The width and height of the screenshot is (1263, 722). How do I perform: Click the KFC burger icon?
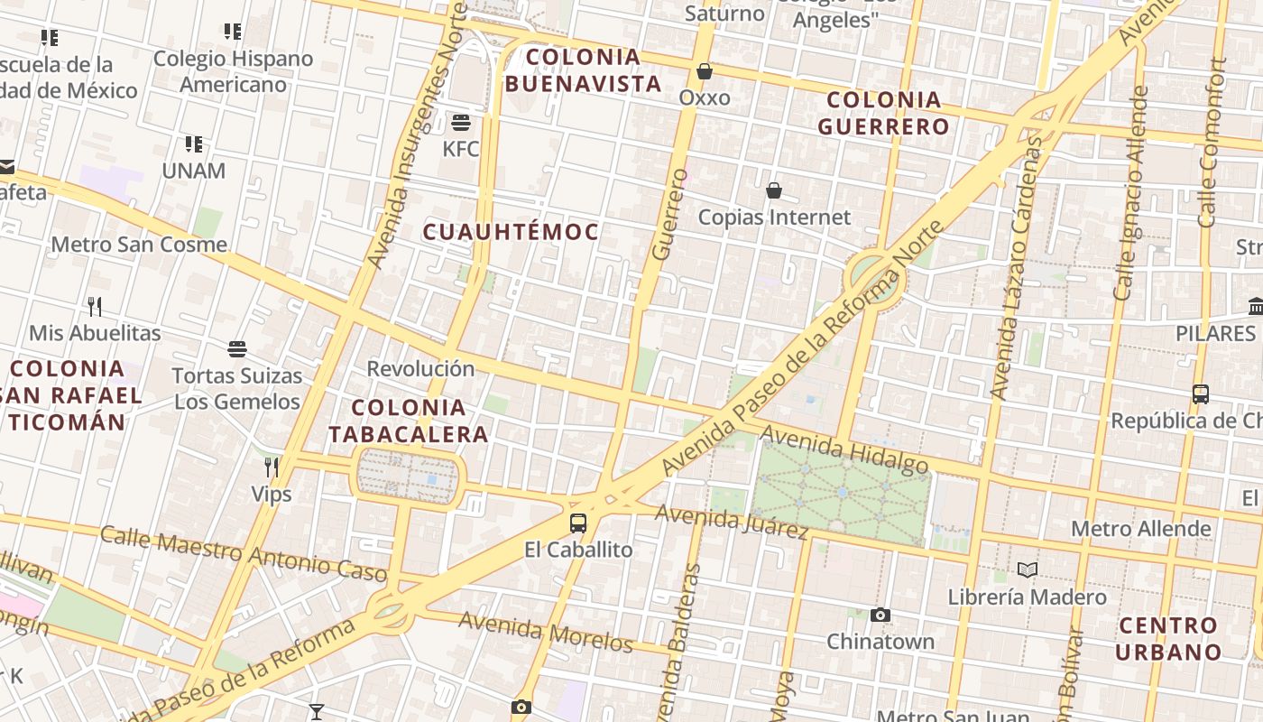point(461,122)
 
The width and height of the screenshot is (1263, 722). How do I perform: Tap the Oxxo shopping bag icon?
point(705,70)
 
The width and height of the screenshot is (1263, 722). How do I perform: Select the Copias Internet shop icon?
point(774,190)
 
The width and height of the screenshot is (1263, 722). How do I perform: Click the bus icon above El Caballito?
point(578,523)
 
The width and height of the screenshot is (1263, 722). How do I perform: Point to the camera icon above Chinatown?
point(880,616)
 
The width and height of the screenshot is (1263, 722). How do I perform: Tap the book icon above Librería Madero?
point(1027,569)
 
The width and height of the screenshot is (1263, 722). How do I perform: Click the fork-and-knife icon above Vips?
point(271,467)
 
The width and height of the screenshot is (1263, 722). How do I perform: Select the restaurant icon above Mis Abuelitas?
point(95,306)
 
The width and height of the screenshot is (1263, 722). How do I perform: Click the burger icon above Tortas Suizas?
point(237,348)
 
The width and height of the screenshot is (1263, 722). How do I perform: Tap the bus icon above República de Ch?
point(1201,394)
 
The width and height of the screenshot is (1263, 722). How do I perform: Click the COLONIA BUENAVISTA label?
point(583,70)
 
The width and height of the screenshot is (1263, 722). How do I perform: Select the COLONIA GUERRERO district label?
point(884,113)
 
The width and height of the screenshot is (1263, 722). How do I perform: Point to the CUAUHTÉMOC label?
point(512,232)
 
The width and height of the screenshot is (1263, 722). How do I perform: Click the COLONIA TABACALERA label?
point(409,421)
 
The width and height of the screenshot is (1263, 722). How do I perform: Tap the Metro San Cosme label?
point(139,245)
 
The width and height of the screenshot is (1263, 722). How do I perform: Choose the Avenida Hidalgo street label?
point(844,449)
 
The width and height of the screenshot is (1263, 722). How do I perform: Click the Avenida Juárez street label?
point(732,522)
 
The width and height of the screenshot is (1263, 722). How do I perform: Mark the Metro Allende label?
point(1141,528)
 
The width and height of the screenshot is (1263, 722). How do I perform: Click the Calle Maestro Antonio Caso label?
point(244,551)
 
